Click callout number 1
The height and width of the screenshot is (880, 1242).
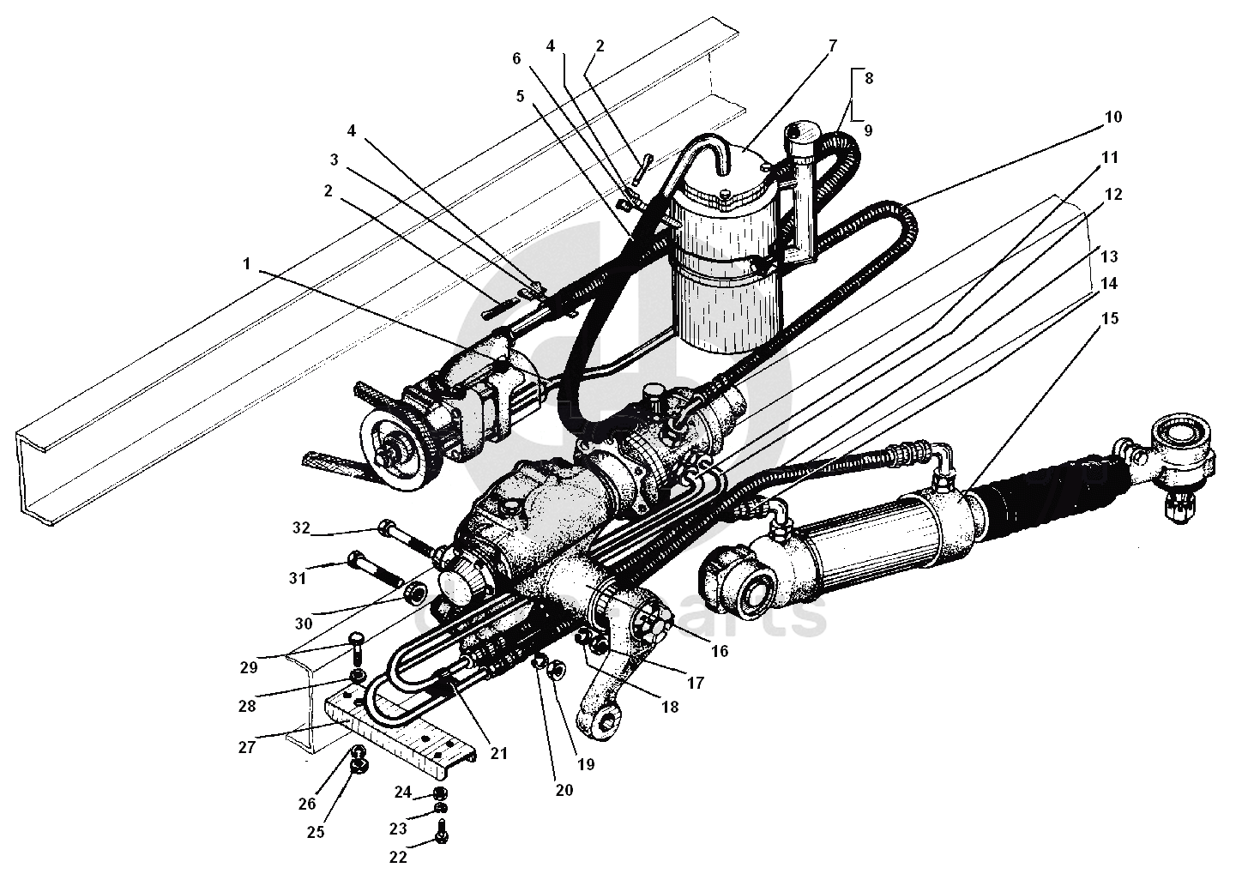(247, 264)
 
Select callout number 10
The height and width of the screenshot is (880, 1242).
(1112, 117)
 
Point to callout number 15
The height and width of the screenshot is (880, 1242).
(1110, 318)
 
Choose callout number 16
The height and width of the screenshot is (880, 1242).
(719, 652)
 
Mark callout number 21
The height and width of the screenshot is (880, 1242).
(498, 754)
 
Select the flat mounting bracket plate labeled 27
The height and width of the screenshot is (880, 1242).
(403, 729)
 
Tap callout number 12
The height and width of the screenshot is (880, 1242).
(1112, 195)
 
